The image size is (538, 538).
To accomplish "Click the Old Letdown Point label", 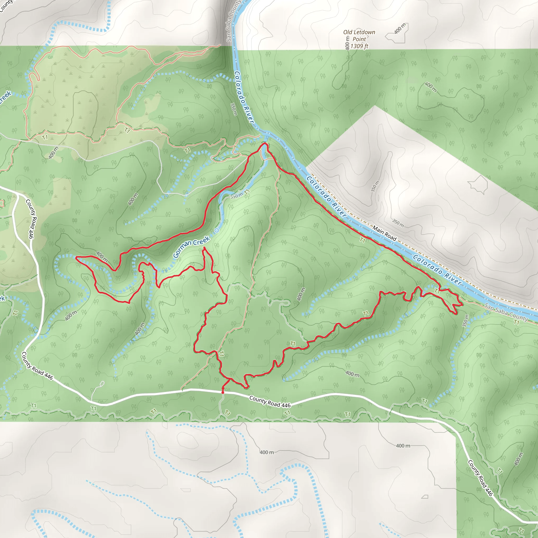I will click(x=359, y=36).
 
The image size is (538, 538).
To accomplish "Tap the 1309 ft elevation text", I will click(x=359, y=46).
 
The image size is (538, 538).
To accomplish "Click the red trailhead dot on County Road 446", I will click(x=223, y=392).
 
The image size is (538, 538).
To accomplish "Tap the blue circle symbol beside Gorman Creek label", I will click(x=216, y=231).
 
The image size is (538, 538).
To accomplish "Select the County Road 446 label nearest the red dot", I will click(x=270, y=402).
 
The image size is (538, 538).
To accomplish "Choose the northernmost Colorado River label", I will click(x=244, y=97).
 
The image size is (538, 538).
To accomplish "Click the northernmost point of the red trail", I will click(x=264, y=143).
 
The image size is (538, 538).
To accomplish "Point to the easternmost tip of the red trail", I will click(x=463, y=305).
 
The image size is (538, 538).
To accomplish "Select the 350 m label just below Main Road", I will click(x=398, y=223).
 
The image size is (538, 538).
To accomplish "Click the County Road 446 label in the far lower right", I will click(x=480, y=478).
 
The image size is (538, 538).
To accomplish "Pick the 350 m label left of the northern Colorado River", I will click(x=234, y=109).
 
